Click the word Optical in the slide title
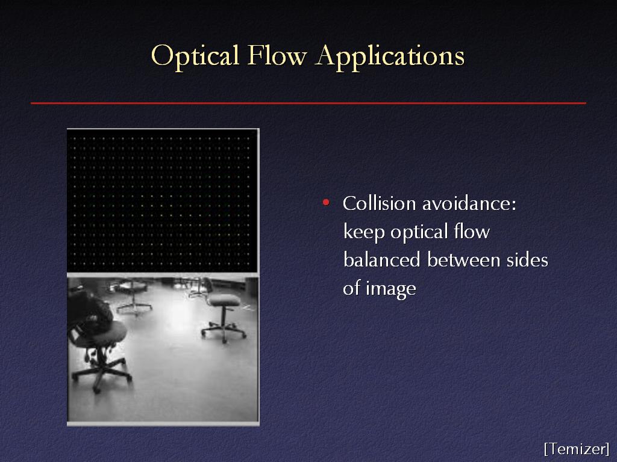pyautogui.click(x=195, y=57)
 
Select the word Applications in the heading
pyautogui.click(x=390, y=57)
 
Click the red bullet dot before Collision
pyautogui.click(x=326, y=202)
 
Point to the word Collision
pyautogui.click(x=380, y=203)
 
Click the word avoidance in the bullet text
pyautogui.click(x=469, y=203)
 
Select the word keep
pyautogui.click(x=363, y=232)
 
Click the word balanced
pyautogui.click(x=381, y=260)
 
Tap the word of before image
pyautogui.click(x=351, y=288)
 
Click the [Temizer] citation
pyautogui.click(x=577, y=448)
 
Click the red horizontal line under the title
pyautogui.click(x=308, y=103)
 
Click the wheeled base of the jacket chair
pyautogui.click(x=101, y=373)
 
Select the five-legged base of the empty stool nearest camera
pyautogui.click(x=224, y=331)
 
